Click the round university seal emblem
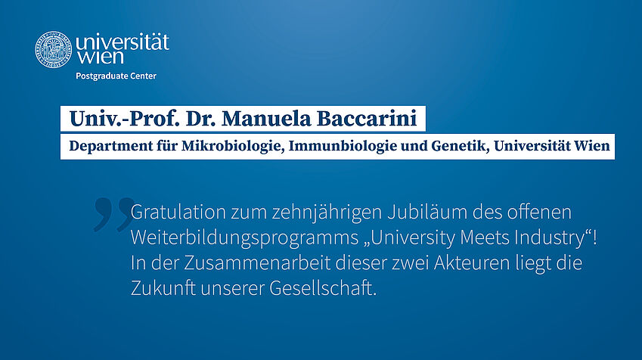pos(53,50)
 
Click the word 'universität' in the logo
pos(123,42)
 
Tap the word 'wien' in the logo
pos(100,57)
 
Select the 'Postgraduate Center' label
pos(116,76)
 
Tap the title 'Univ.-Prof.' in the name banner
pos(125,119)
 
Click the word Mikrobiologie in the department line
pos(233,146)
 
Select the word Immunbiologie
pos(343,146)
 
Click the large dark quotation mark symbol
pos(113,214)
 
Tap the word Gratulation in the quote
pos(178,213)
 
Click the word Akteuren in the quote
pos(472,263)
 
